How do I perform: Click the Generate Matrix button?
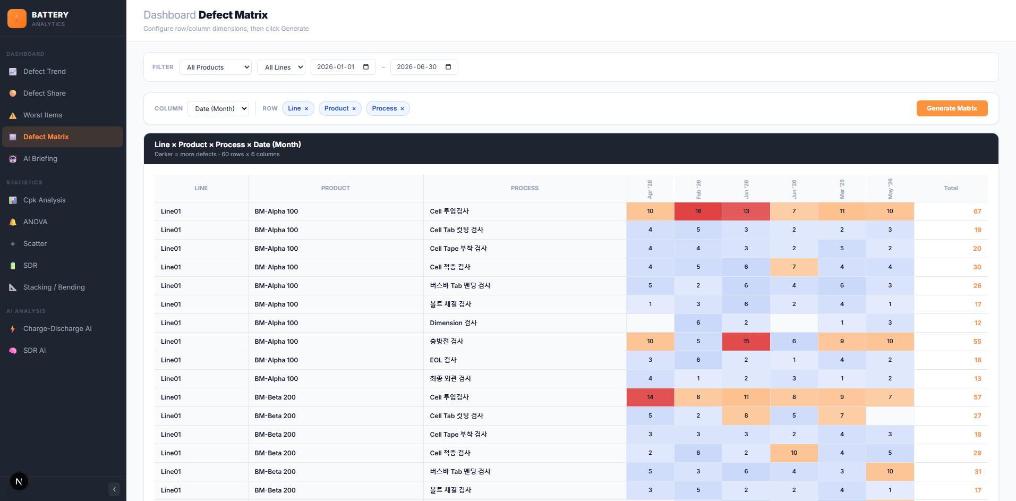point(952,108)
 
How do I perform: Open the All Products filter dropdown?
point(215,67)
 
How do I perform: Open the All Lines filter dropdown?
point(281,67)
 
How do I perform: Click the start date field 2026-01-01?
point(343,67)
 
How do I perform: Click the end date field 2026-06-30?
point(424,67)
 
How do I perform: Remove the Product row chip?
point(354,109)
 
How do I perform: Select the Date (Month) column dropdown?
point(218,108)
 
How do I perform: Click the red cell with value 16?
point(698,211)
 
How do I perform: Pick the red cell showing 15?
point(746,342)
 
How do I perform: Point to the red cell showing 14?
point(650,397)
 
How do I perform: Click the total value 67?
point(977,211)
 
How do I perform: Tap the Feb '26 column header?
point(698,189)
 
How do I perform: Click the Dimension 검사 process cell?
point(453,323)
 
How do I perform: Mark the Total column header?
point(951,189)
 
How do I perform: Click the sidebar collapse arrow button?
point(114,489)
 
